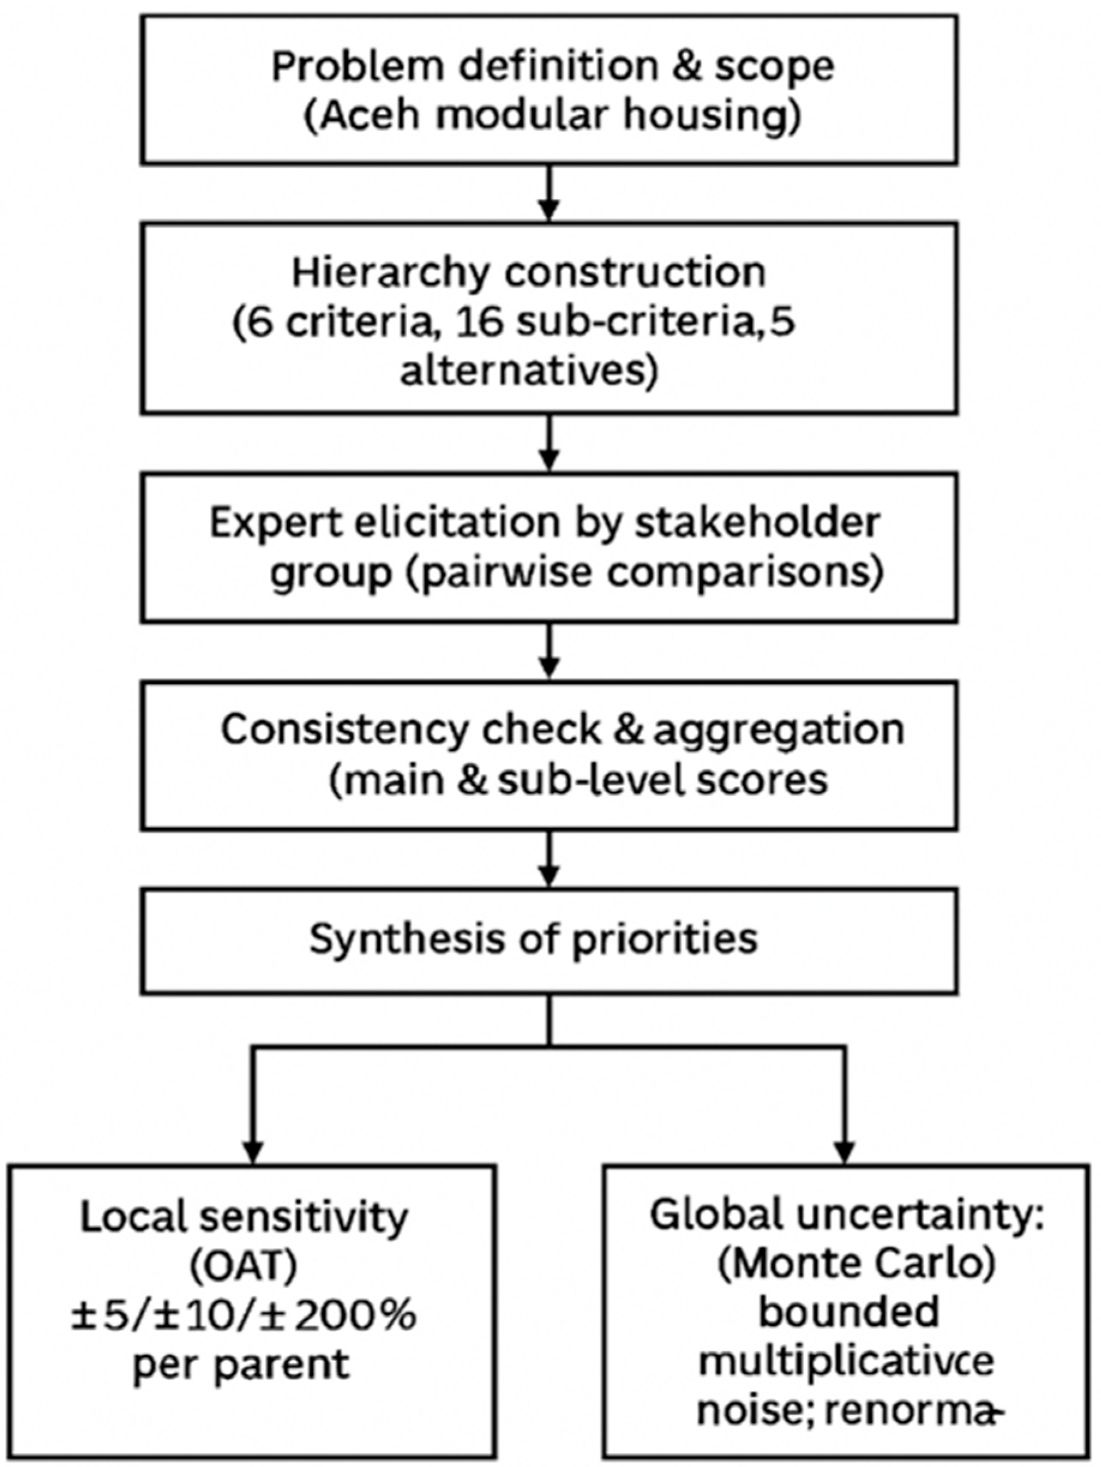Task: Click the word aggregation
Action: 778,730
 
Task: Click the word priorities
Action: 664,939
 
